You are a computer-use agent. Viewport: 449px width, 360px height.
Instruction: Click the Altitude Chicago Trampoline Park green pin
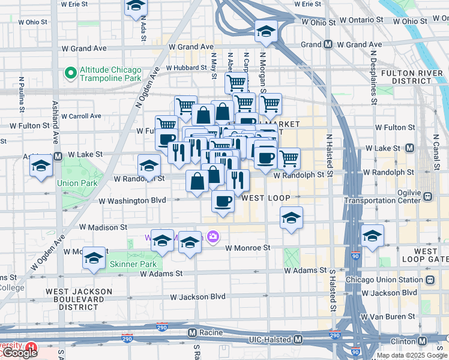71,73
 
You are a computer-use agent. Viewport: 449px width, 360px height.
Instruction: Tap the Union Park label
76,183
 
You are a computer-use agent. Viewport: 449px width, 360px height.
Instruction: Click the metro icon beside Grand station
328,44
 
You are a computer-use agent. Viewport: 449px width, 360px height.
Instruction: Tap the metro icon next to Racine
192,332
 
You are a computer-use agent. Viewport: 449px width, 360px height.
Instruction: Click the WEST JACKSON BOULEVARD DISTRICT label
79,299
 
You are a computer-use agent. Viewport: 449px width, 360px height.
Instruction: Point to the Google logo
19,353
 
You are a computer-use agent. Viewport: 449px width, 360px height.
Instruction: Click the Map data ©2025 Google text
412,355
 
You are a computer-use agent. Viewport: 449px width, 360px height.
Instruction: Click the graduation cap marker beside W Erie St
136,6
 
